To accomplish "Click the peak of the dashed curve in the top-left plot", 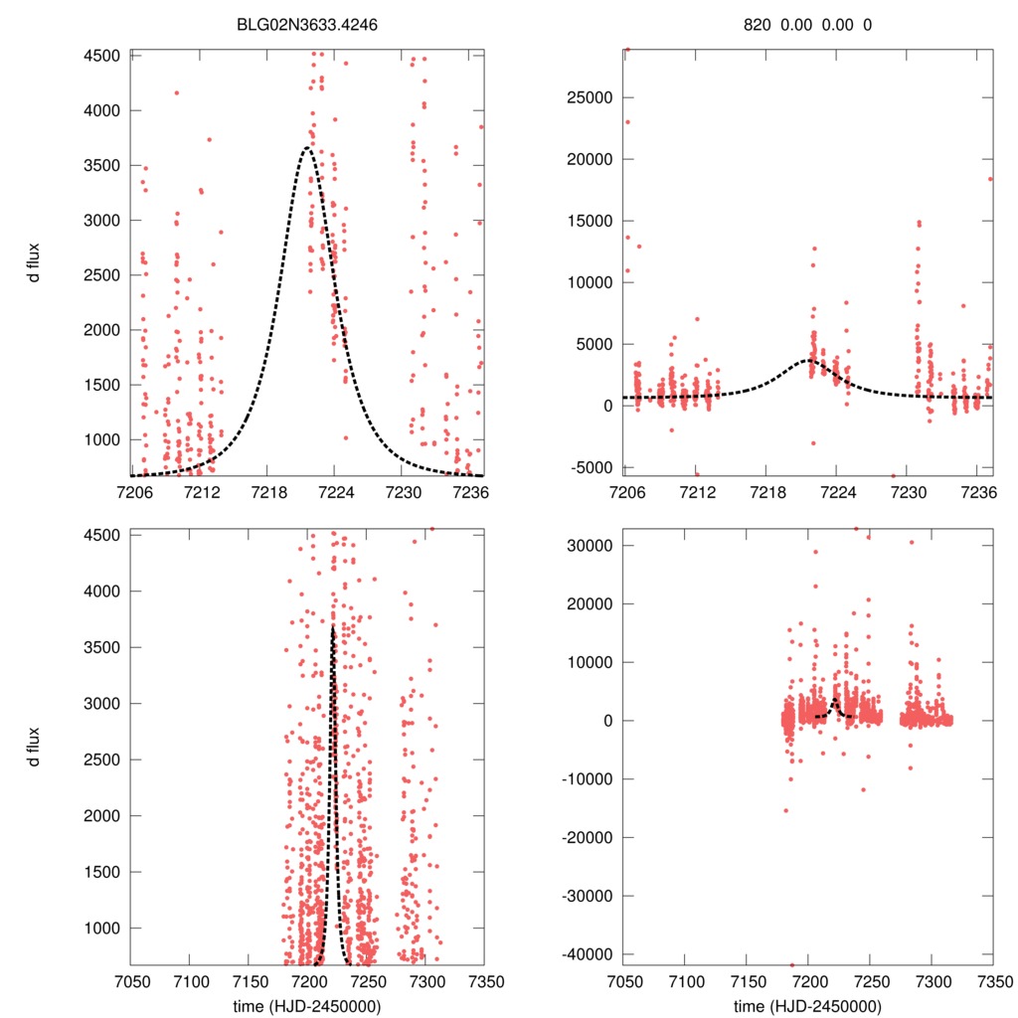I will tap(307, 148).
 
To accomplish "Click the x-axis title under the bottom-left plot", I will tap(307, 1005).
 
